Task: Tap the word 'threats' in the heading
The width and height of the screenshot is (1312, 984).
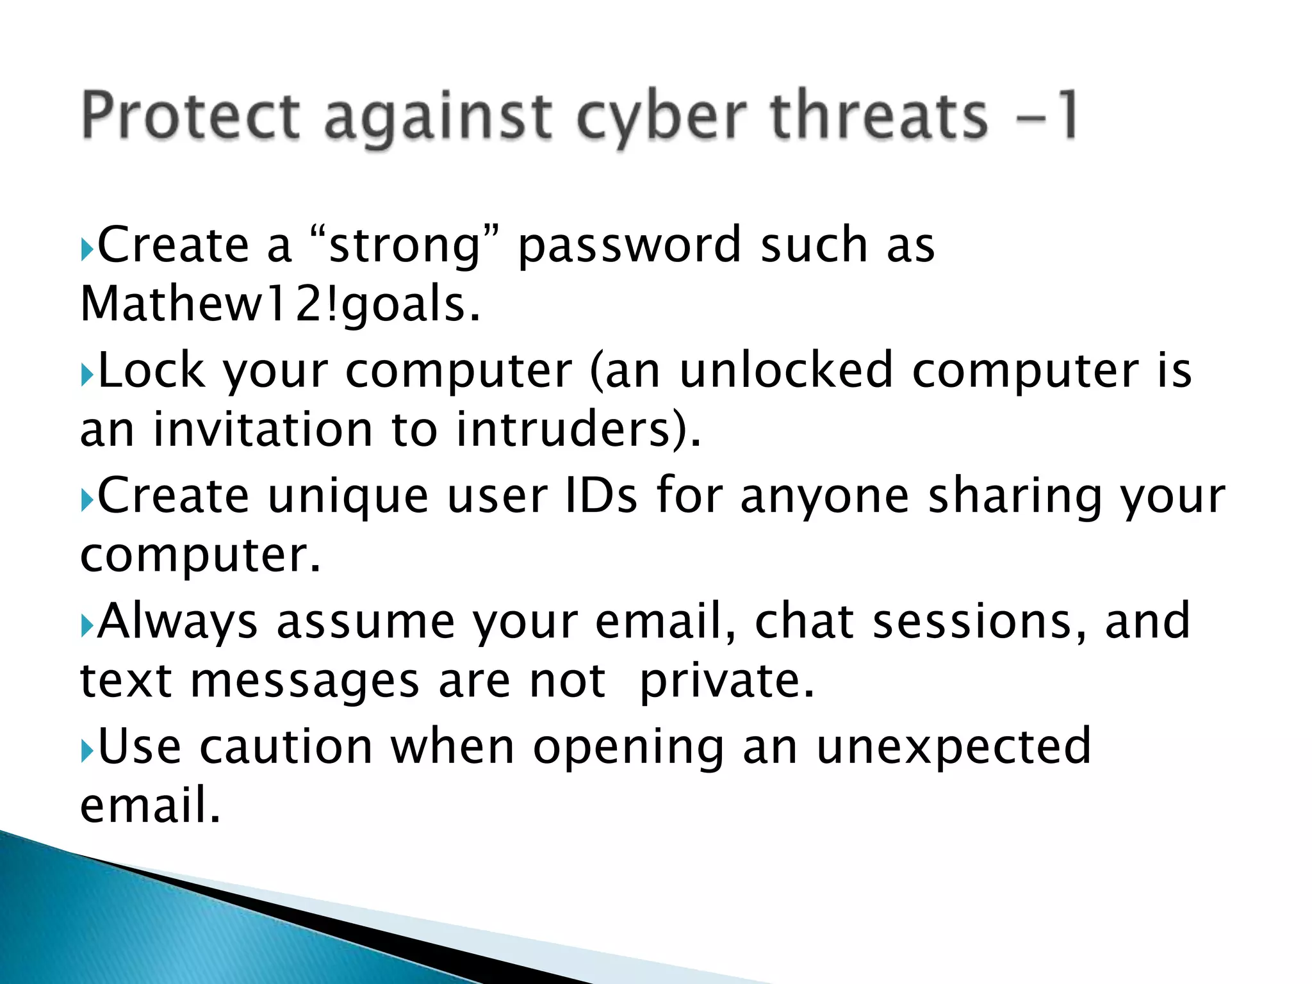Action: point(879,115)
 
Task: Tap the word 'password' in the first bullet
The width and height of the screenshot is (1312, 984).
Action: point(629,247)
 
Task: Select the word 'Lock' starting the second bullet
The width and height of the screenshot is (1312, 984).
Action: point(152,371)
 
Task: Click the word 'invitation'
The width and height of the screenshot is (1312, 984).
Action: point(263,430)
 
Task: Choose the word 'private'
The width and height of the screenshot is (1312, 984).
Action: point(726,682)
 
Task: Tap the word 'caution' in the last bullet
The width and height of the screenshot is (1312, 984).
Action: point(286,747)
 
